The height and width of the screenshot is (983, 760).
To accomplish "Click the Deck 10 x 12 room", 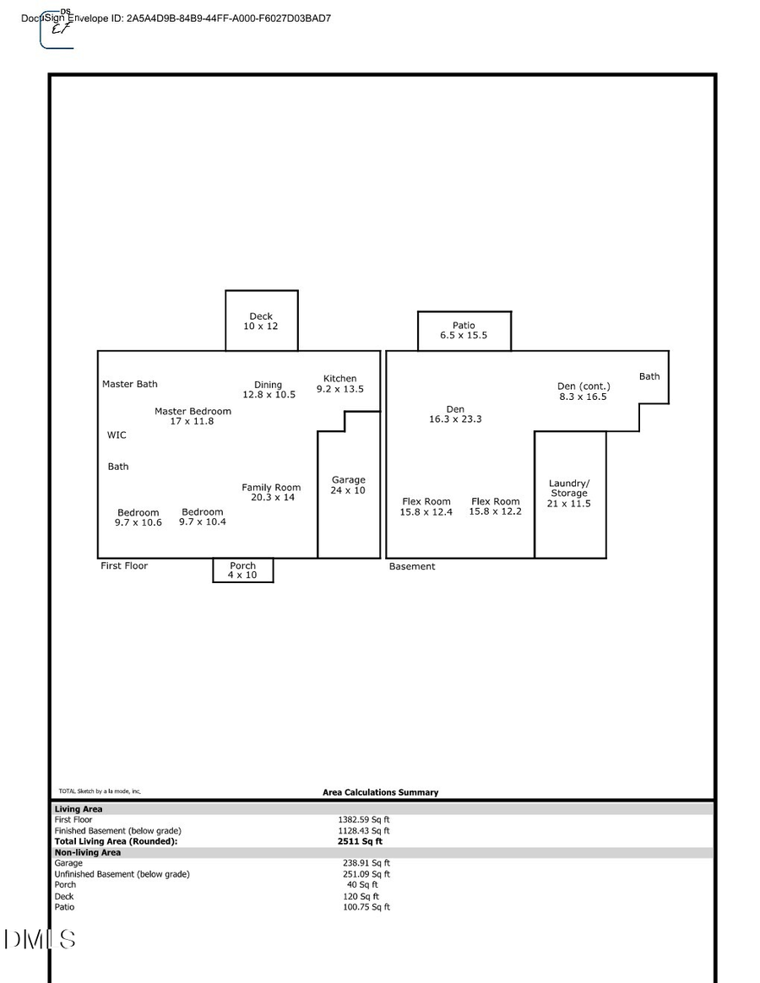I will coord(261,321).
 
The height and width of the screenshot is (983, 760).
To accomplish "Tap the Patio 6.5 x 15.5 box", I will coord(464,331).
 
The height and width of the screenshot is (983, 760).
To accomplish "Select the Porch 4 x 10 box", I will coord(242,570).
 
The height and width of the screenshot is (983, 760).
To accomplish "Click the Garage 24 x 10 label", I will coord(348,485).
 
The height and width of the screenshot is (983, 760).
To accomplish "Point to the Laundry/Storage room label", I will coord(569,494).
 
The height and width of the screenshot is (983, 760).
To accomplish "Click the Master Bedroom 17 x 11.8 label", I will coord(193,416).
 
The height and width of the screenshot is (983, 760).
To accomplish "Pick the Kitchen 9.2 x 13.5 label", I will coord(339,384).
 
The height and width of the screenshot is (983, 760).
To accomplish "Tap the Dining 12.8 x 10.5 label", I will coord(269,390).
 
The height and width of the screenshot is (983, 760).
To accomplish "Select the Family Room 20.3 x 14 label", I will coord(271,493).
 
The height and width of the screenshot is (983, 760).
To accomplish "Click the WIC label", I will coord(117,435).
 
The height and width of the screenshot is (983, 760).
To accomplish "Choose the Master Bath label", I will coord(130,384).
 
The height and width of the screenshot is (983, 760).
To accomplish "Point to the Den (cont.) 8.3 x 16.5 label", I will coord(583,392).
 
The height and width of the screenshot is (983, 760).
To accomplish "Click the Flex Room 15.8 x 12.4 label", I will coord(426,507).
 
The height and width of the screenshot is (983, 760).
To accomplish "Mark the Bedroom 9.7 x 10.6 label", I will coord(138,517).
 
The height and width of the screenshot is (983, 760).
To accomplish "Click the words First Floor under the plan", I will coord(124,566).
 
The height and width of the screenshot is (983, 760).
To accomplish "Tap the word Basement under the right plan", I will coord(412,567).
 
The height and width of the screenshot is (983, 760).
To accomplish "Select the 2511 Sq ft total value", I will coord(360,841).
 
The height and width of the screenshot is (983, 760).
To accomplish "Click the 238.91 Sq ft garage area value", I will coord(366,863).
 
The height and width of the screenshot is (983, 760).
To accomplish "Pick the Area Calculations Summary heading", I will coord(380,792).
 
